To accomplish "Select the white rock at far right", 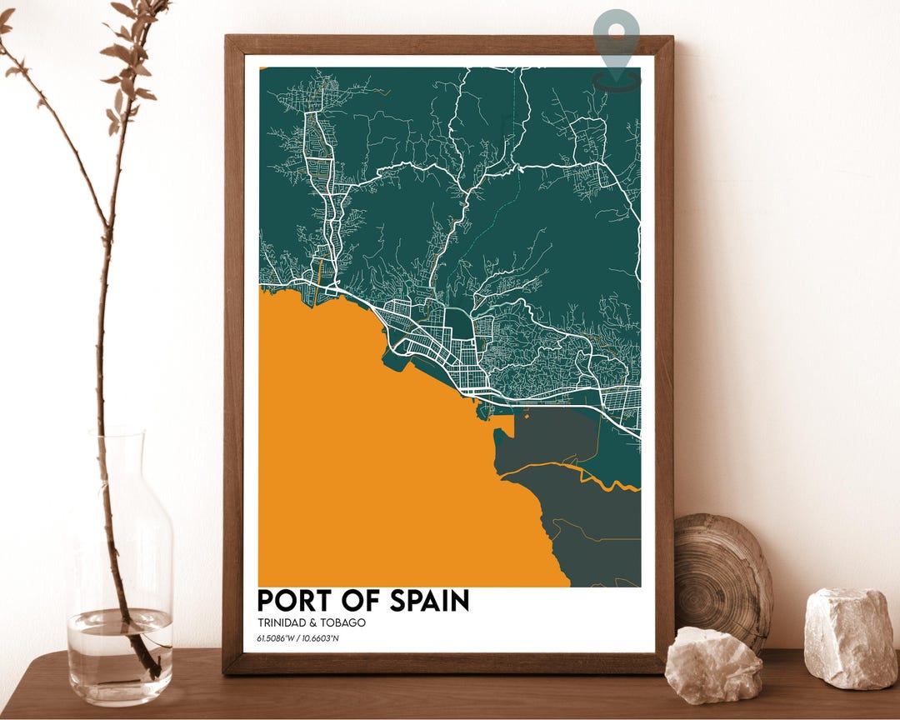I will click(x=850, y=637).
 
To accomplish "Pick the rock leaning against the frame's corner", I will click(x=713, y=664).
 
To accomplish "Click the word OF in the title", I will click(x=360, y=601).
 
